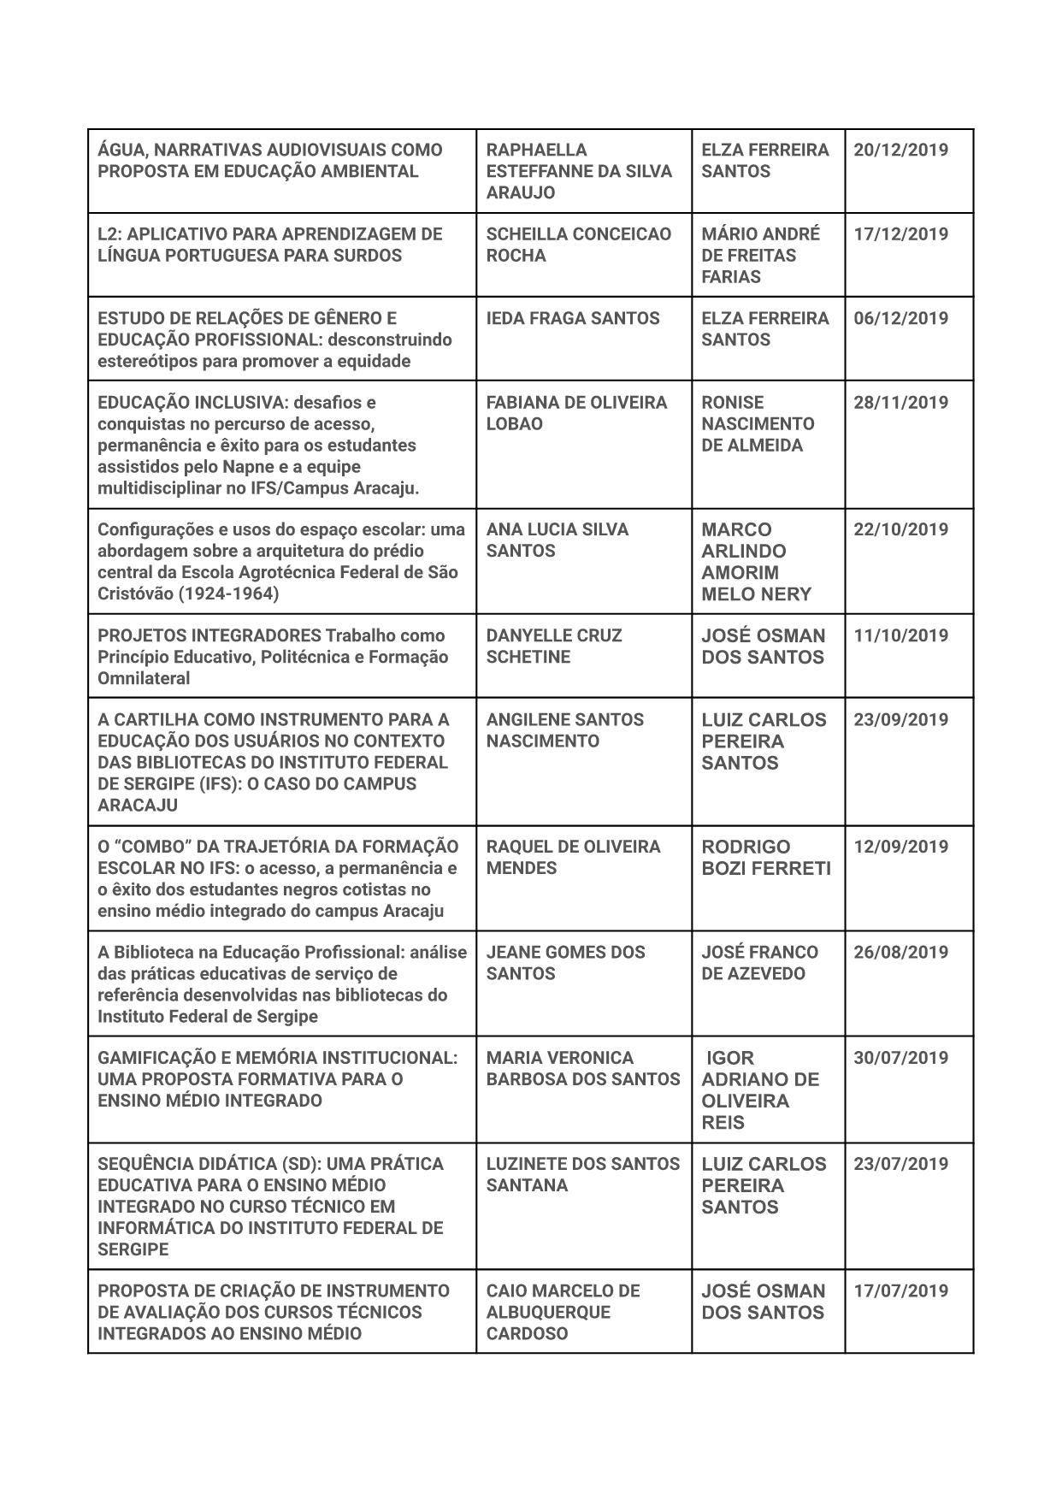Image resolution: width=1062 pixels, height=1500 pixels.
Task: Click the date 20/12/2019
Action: click(900, 150)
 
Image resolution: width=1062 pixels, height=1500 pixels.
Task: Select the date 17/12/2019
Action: click(900, 233)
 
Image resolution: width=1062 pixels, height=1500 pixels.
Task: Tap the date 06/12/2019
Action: click(900, 318)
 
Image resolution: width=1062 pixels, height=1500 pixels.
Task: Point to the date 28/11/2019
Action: click(900, 402)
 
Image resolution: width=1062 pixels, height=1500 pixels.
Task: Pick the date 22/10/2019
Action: click(900, 529)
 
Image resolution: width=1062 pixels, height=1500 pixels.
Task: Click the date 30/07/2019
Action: click(900, 1058)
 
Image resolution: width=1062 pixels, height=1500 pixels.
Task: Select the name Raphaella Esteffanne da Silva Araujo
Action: click(579, 171)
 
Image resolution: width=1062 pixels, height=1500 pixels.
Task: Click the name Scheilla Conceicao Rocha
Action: click(579, 245)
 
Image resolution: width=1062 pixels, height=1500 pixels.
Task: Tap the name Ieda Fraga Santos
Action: click(573, 318)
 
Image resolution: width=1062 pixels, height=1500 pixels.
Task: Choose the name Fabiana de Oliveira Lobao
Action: click(576, 413)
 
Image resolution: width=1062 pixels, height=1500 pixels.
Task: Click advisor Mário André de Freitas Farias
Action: click(760, 255)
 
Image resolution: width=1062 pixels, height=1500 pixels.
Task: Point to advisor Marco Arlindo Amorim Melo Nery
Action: click(756, 562)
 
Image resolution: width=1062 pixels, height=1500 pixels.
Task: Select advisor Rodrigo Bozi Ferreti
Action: click(765, 858)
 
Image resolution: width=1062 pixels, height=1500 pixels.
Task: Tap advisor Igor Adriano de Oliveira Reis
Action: click(759, 1090)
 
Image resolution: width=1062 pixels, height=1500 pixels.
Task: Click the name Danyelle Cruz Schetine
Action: click(554, 647)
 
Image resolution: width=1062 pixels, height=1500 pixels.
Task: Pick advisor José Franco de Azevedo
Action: click(759, 963)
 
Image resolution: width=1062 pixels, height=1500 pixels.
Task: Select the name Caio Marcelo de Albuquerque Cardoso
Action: click(563, 1312)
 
